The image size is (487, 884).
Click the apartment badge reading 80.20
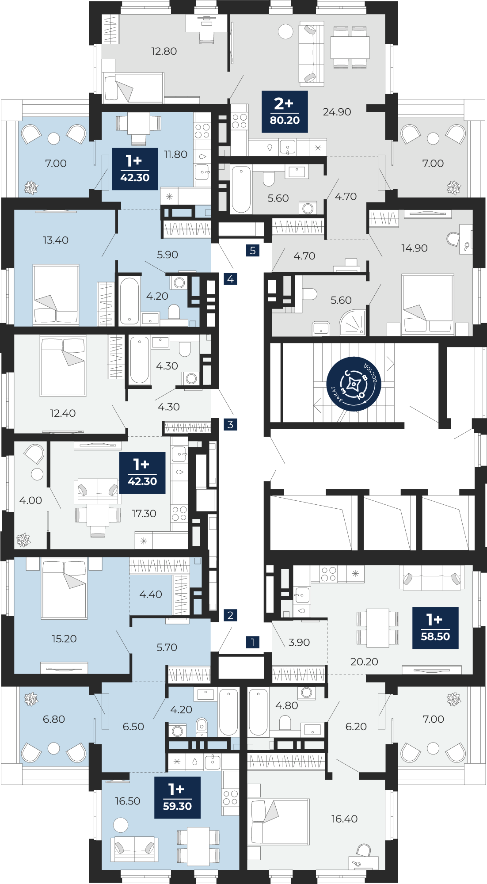coord(285,112)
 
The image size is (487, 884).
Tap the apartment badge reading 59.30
coord(177,797)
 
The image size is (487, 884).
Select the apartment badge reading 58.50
coord(435,628)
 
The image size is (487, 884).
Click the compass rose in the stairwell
coord(354,384)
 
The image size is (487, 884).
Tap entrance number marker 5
coord(253,251)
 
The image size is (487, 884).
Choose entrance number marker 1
coord(253,642)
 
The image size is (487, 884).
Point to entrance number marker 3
coord(230,424)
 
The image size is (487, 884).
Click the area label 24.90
coord(337,112)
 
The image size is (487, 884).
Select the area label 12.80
coord(164,51)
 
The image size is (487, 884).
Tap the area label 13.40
coord(56,240)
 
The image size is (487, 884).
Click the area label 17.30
coord(144,513)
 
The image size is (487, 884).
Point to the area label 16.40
coord(344,819)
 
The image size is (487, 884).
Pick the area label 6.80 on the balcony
coord(54,719)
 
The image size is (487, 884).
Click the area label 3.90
coord(299,642)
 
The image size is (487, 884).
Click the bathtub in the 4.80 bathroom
coord(259,712)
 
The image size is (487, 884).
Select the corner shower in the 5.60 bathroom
coord(353,322)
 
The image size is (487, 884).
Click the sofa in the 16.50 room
coord(134,849)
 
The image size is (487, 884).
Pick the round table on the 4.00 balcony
coord(37,474)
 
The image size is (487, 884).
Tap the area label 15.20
coord(64,638)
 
